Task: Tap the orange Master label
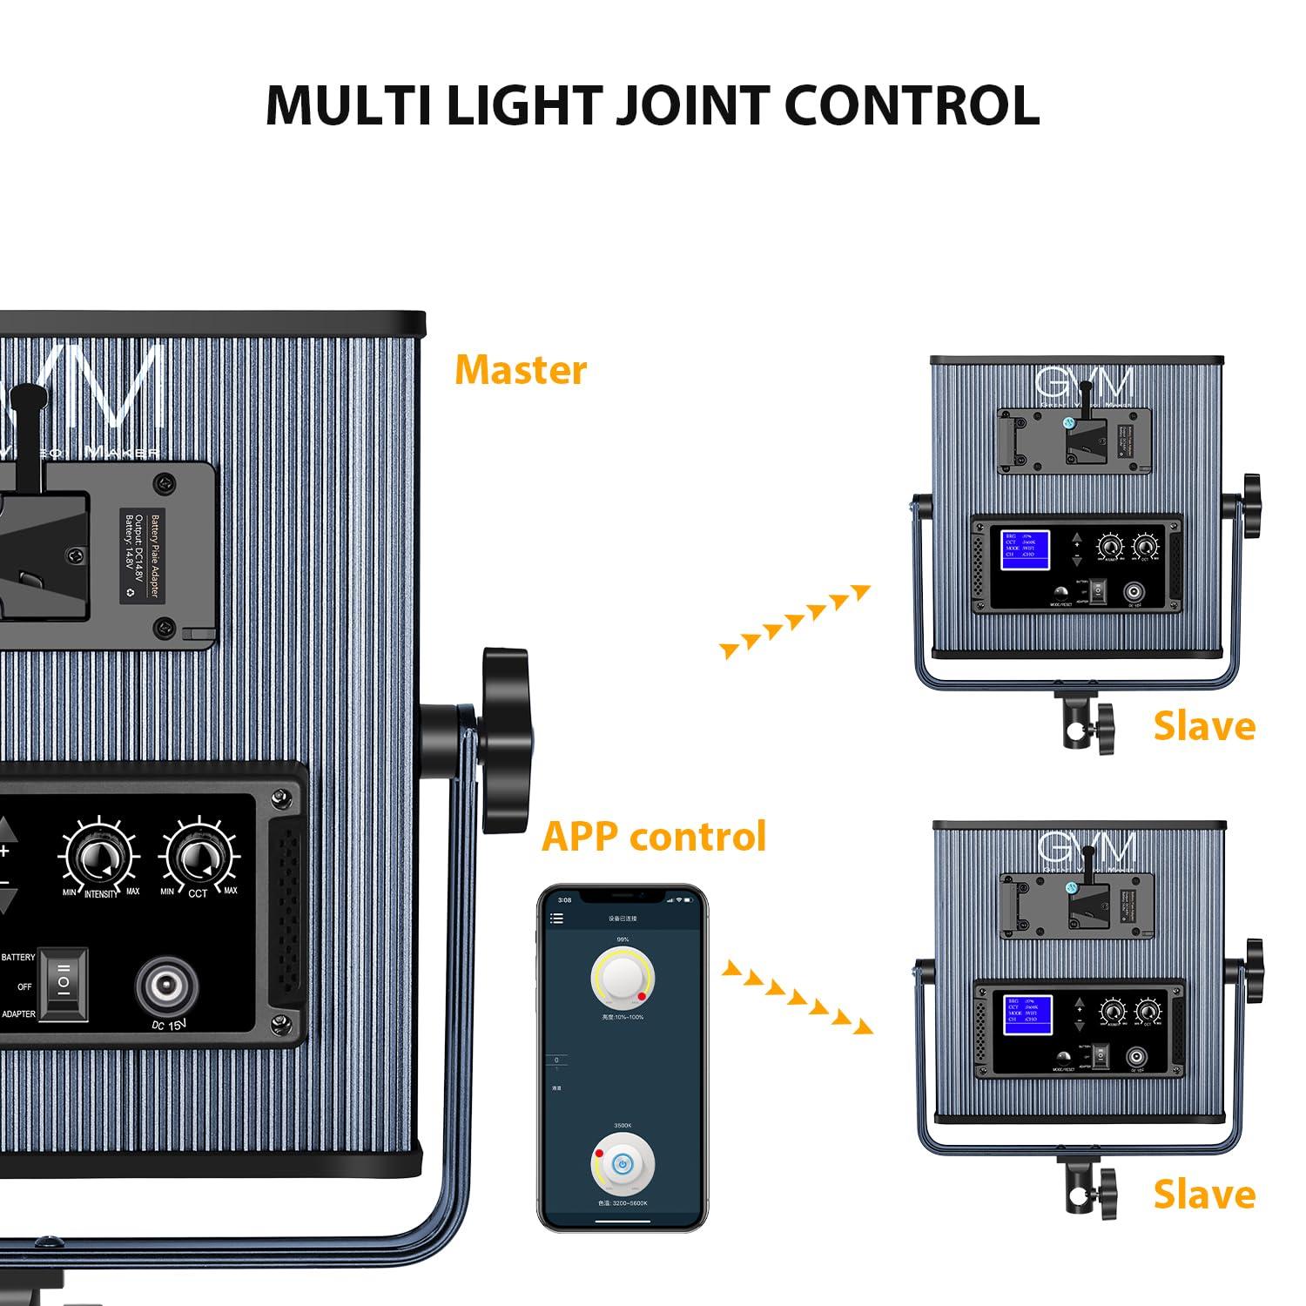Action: point(521,370)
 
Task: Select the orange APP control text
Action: point(654,836)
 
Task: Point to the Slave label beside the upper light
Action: point(1204,726)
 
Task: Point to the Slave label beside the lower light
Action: point(1204,1195)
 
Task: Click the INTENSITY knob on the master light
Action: point(98,858)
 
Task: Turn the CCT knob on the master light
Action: point(199,858)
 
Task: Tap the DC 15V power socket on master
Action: point(165,987)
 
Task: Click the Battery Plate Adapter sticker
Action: point(142,555)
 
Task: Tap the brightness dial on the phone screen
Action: point(623,979)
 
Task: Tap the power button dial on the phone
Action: point(623,1165)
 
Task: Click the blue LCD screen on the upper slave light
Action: point(1025,550)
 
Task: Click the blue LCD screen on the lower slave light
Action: point(1027,1014)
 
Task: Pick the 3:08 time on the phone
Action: point(564,900)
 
